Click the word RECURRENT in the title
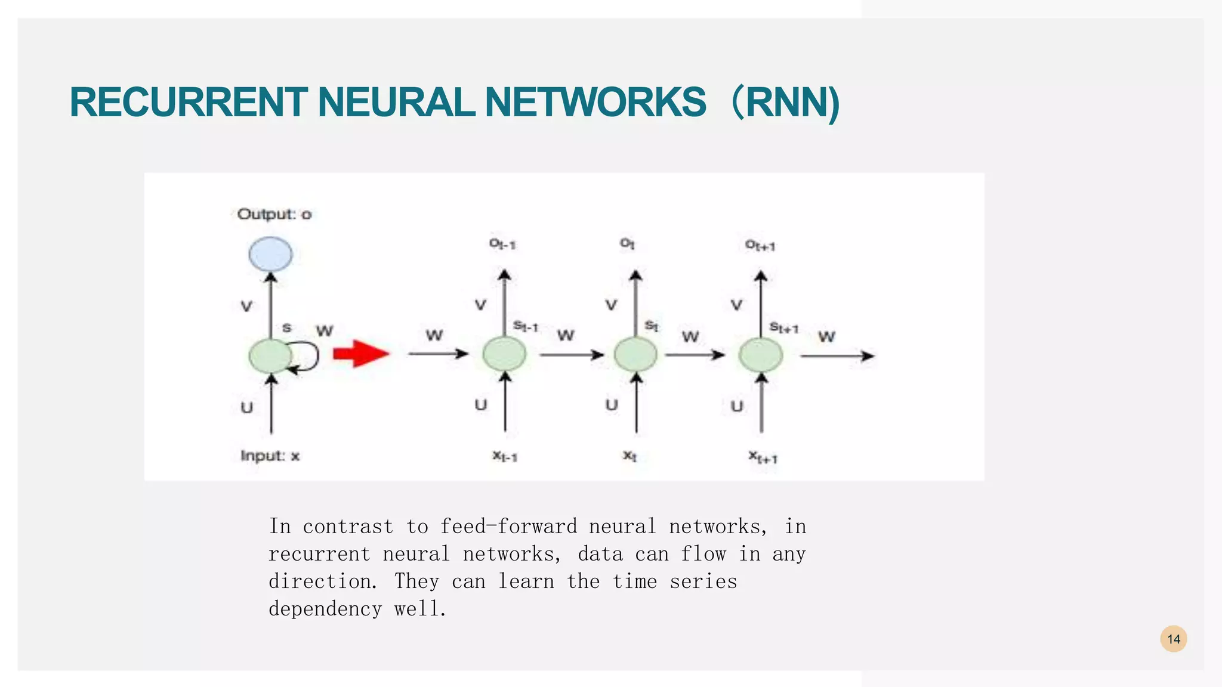click(x=189, y=103)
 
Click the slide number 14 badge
click(x=1173, y=639)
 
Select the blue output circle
click(x=270, y=254)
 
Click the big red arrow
click(x=360, y=354)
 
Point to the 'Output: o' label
click(x=274, y=214)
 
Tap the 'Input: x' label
click(x=270, y=456)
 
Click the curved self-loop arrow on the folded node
click(x=310, y=357)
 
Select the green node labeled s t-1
click(x=504, y=354)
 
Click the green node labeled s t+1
click(x=760, y=355)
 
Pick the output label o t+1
click(x=760, y=245)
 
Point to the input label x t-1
click(x=504, y=456)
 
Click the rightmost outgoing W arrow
click(x=836, y=356)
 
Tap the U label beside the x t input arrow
click(x=612, y=405)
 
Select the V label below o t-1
click(x=480, y=305)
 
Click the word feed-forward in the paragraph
click(x=508, y=527)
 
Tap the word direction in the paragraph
click(x=322, y=581)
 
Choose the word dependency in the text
click(x=325, y=609)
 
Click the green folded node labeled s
click(x=270, y=356)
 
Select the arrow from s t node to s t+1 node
click(x=695, y=355)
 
